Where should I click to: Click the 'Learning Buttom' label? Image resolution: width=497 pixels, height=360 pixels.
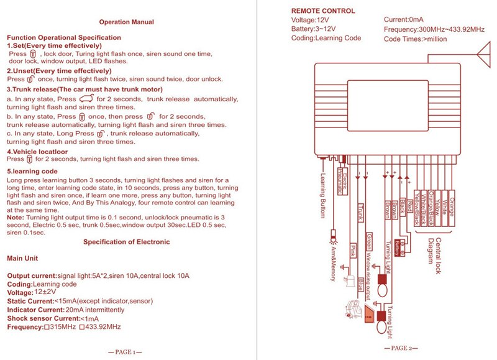[x=324, y=194]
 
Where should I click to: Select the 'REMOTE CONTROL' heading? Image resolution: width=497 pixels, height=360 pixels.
[x=323, y=11]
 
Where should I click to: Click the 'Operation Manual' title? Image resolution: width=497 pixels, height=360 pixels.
[x=126, y=22]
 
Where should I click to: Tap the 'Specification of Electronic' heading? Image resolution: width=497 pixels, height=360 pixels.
[x=126, y=242]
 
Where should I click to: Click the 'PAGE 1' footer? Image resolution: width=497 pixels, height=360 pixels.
[x=125, y=352]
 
